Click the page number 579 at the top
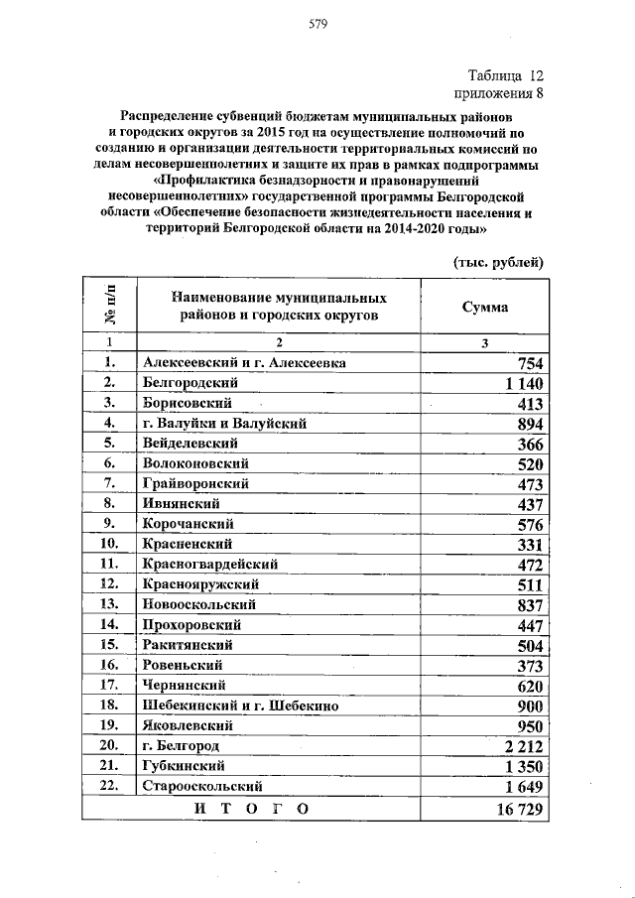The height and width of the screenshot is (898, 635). (x=317, y=24)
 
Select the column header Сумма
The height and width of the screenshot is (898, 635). (x=484, y=307)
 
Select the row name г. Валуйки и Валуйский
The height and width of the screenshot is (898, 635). (x=224, y=423)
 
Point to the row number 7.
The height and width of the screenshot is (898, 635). (x=108, y=483)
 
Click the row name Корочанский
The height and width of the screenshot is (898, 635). (x=188, y=523)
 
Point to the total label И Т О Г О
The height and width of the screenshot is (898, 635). (x=252, y=808)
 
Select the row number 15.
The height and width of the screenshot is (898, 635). (x=108, y=644)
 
